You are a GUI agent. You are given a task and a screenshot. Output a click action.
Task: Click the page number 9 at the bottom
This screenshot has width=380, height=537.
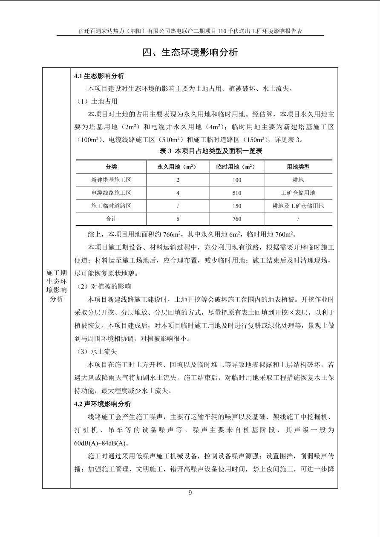[x=190, y=493]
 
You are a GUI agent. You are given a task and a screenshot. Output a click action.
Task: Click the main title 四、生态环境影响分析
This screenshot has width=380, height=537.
[x=190, y=52]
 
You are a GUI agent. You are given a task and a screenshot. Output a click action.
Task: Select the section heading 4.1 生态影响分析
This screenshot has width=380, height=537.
[x=99, y=76]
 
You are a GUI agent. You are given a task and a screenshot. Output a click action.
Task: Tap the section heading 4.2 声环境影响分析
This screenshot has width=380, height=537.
[x=103, y=404]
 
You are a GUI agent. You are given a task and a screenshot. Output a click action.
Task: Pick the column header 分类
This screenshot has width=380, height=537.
[x=111, y=167]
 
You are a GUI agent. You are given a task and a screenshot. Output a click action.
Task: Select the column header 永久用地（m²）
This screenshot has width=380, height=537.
[x=178, y=167]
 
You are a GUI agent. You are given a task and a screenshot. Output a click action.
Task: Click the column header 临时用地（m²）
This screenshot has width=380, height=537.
[x=237, y=167]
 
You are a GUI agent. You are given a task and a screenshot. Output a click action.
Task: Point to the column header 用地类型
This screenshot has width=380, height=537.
[x=298, y=167]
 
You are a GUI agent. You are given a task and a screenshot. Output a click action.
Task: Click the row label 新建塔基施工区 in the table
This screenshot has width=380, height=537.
[x=111, y=180]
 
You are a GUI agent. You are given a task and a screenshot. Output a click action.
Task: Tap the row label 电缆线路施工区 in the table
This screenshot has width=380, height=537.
[x=111, y=193]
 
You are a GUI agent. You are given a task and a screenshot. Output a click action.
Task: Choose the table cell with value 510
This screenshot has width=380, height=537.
[x=237, y=193]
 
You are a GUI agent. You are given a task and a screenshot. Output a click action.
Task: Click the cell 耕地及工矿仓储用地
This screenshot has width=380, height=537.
[x=298, y=206]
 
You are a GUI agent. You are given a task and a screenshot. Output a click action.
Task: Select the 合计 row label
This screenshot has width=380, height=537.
[x=111, y=219]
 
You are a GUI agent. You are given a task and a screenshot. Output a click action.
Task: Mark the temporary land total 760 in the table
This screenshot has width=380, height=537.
[x=237, y=219]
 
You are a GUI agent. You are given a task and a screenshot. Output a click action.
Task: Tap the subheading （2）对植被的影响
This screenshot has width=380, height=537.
[x=104, y=287]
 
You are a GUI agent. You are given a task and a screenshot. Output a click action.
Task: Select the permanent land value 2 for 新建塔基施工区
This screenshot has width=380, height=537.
[x=178, y=180]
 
